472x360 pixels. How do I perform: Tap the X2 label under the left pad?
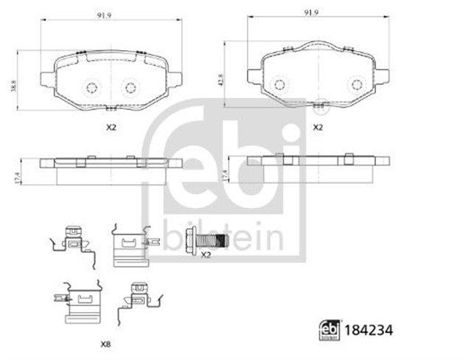pos(111,128)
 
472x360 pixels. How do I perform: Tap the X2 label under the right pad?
pos(319,128)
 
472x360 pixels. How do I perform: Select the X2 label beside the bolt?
pos(206,255)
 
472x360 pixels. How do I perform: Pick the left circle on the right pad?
pos(280,84)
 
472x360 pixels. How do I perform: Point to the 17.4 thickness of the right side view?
pos(226,174)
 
